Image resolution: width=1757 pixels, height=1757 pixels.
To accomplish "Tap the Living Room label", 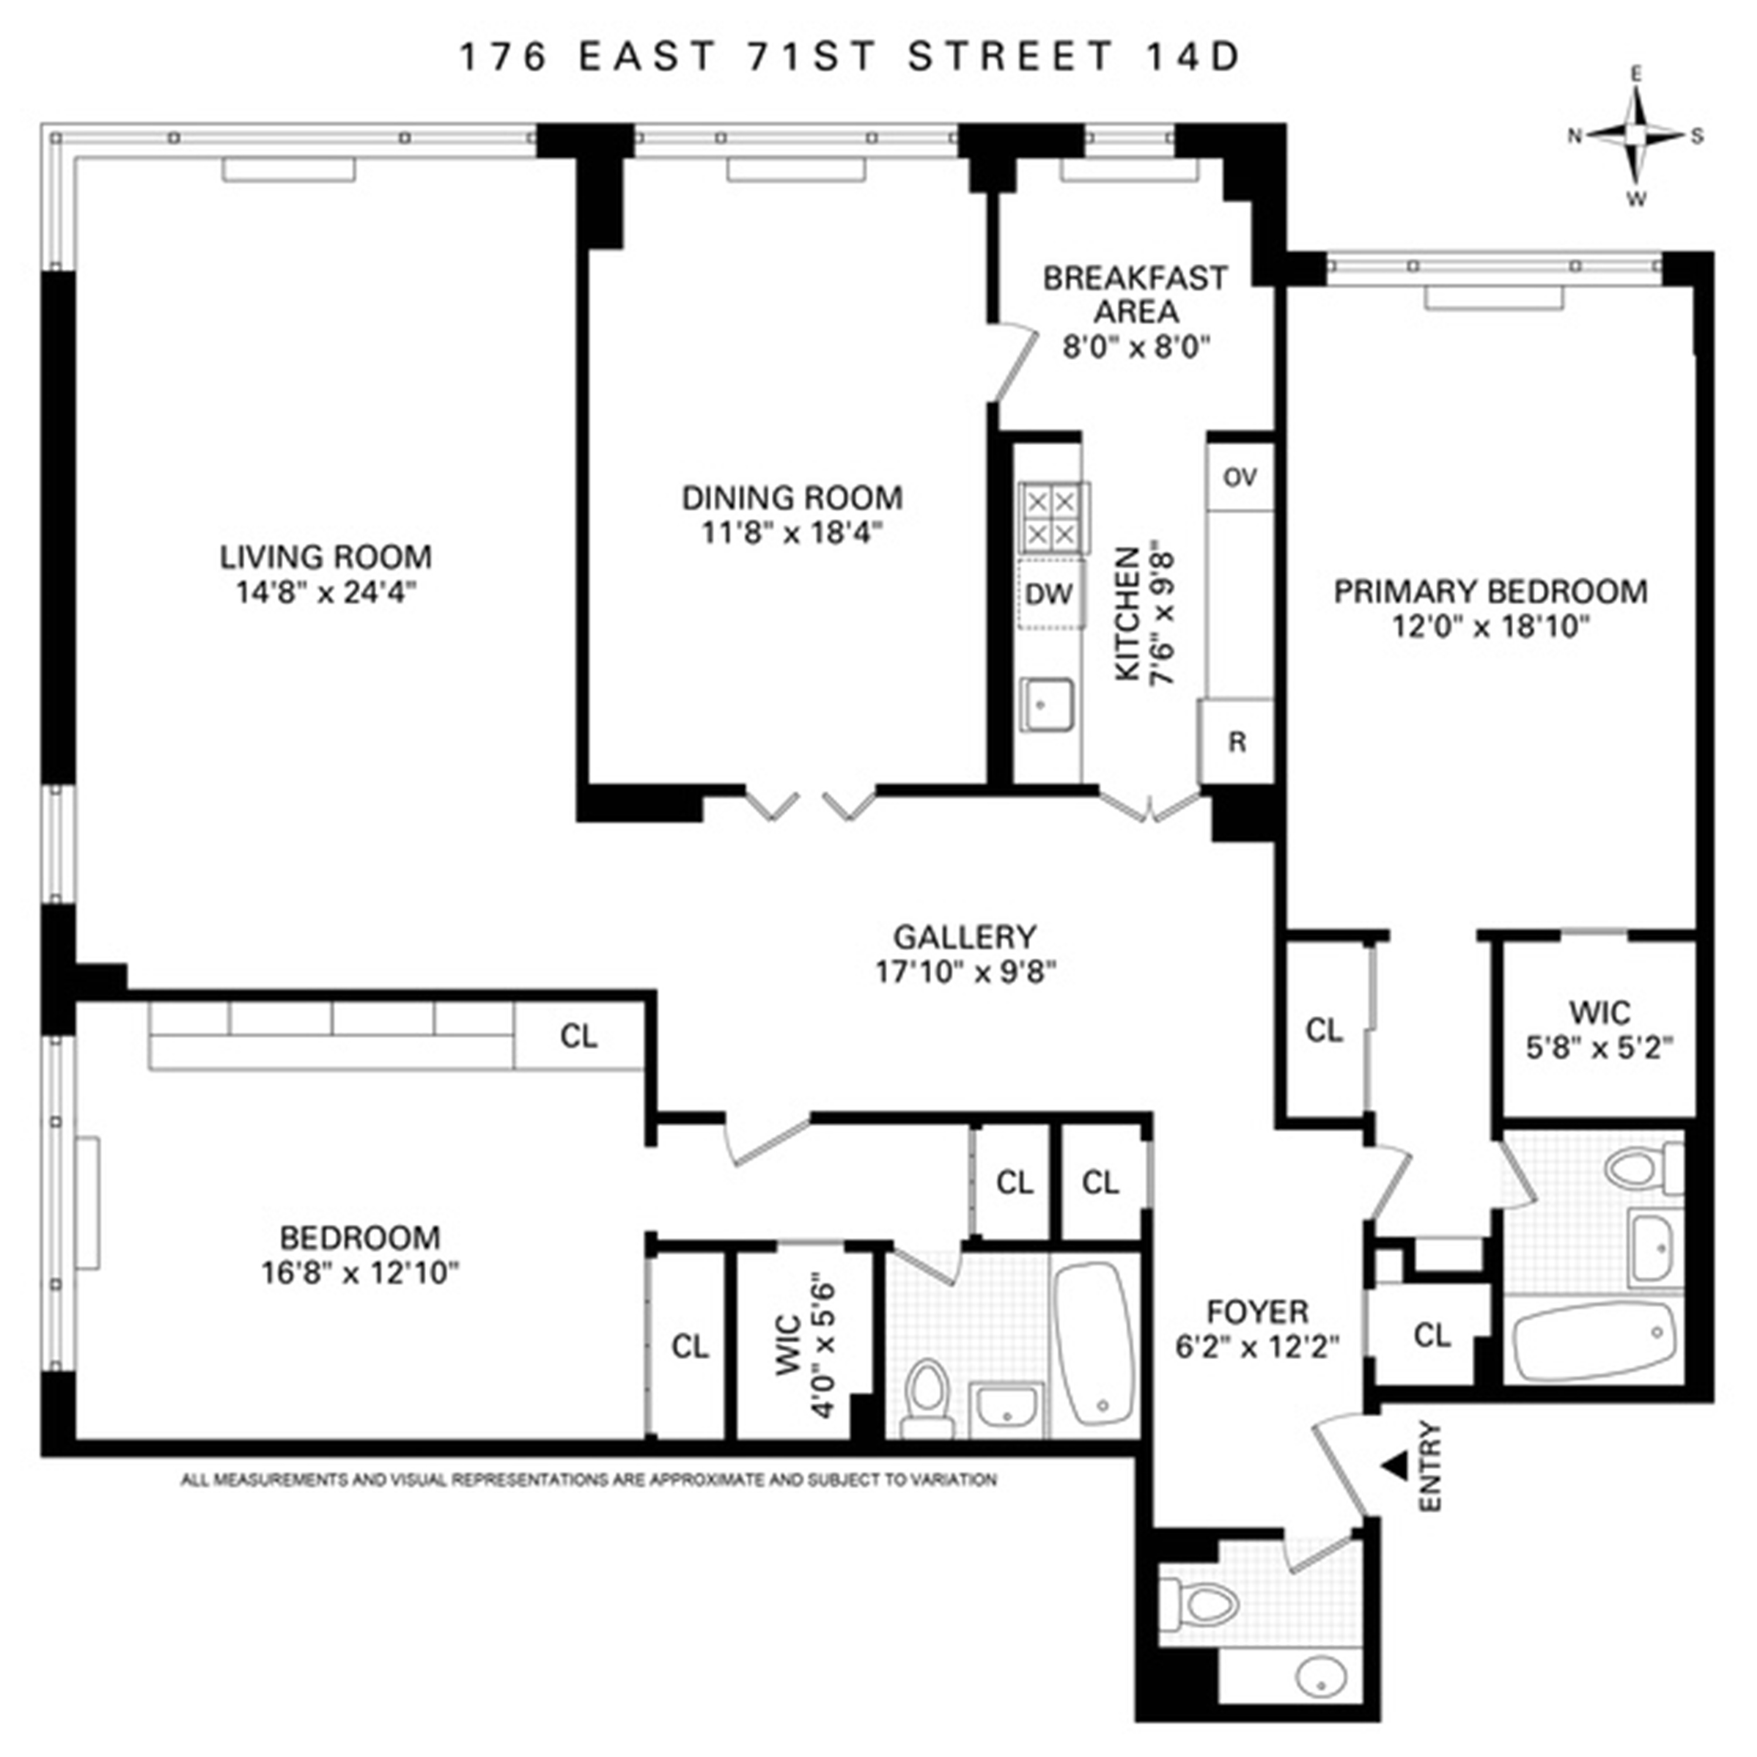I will click(326, 556).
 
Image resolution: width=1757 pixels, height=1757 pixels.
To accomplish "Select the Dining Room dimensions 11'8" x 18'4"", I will click(792, 532).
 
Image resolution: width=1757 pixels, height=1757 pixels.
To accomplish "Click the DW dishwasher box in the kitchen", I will click(1050, 594).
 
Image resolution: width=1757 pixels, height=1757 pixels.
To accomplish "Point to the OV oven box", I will click(1239, 477).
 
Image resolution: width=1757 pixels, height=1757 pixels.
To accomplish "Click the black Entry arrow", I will click(1393, 1463).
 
